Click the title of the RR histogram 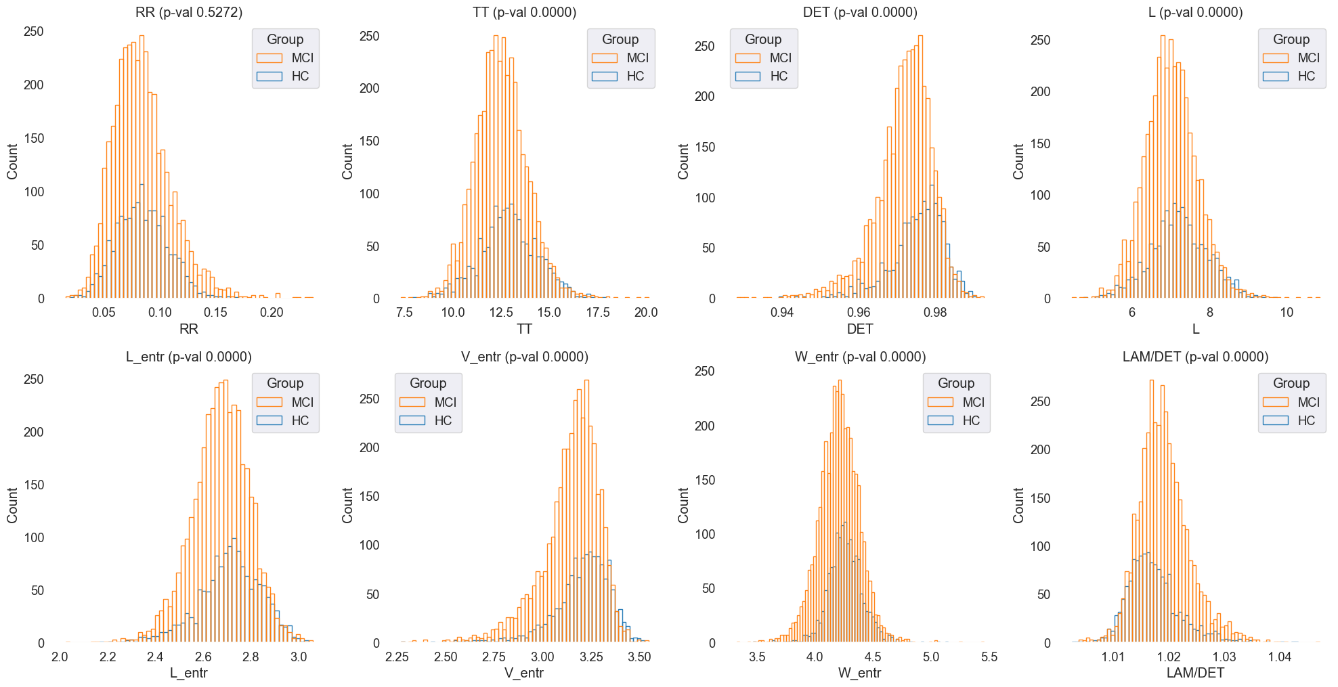[189, 12]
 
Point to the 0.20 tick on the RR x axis [272, 312]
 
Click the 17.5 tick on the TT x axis [597, 312]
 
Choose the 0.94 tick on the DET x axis [782, 312]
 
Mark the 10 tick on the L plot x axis [1287, 312]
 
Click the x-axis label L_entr [189, 673]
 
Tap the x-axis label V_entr [524, 673]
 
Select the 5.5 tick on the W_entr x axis [989, 657]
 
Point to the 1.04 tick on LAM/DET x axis [1280, 657]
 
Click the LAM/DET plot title [1195, 357]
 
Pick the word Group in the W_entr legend [956, 383]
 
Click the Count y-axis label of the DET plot [683, 161]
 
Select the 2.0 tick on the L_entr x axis [60, 657]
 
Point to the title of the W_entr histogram [860, 357]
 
